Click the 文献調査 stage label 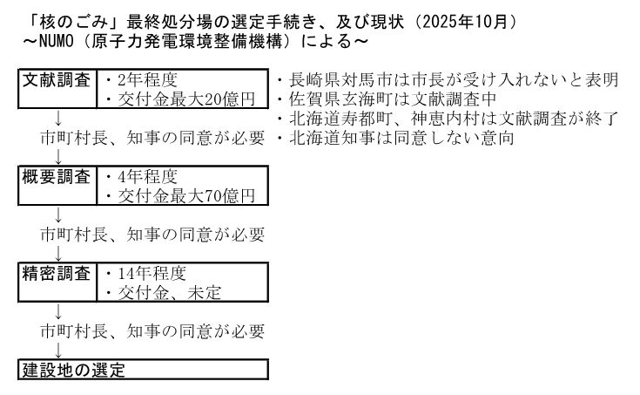coord(57,80)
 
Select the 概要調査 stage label coord(57,177)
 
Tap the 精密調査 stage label coord(57,274)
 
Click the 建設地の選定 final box coord(144,370)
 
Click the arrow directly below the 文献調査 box coord(58,119)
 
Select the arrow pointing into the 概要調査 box coord(58,157)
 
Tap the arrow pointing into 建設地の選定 coord(58,351)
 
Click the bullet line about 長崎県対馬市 coord(448,80)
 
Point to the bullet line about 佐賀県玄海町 coord(387,99)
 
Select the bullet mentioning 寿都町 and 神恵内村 coord(448,119)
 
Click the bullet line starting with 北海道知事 coord(395,138)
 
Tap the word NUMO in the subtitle coord(57,41)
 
